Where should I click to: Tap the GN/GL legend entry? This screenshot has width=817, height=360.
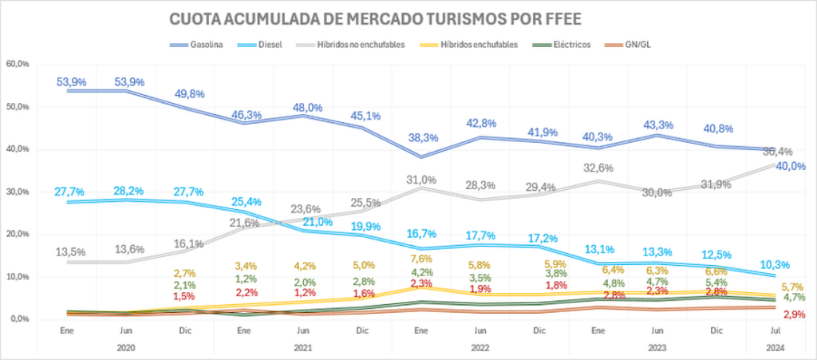coord(640,45)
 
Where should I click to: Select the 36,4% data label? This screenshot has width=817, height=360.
coord(779,152)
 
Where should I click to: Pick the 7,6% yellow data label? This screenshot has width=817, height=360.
coord(422,259)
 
